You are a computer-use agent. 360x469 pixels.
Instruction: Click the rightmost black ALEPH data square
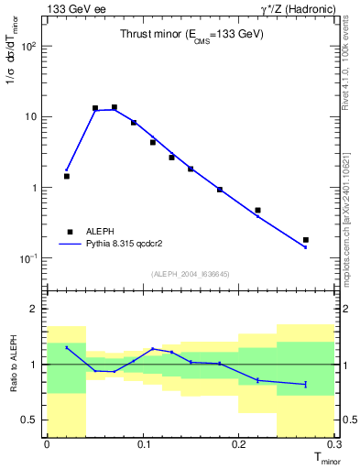pos(306,240)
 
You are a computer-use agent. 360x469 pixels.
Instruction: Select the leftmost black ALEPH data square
pos(66,176)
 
